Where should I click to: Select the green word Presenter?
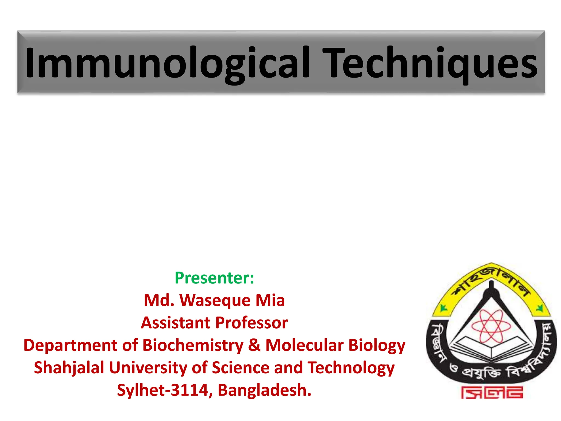pos(214,278)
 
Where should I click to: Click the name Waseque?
pos(215,300)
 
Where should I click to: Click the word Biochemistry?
pos(193,345)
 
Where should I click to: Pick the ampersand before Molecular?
pos(254,345)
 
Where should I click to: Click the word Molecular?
pos(304,345)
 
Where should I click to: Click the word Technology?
pos(351,368)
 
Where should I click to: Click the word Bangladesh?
pos(265,390)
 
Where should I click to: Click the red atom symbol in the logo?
pos(491,326)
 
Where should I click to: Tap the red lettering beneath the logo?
pos(492,392)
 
